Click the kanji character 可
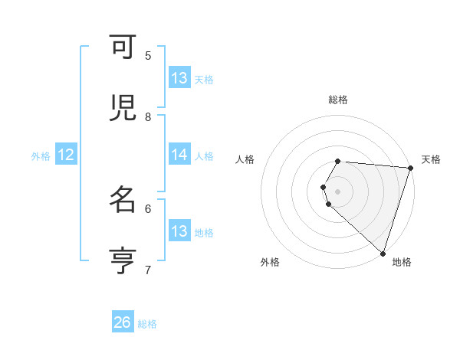pyautogui.click(x=123, y=48)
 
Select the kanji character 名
pyautogui.click(x=123, y=200)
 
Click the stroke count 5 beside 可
pyautogui.click(x=148, y=56)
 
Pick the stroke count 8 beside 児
pyautogui.click(x=148, y=116)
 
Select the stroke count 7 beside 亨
pyautogui.click(x=148, y=269)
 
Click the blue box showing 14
pyautogui.click(x=179, y=155)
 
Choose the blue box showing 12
pyautogui.click(x=66, y=155)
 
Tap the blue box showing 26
pyautogui.click(x=123, y=322)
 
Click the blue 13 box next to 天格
pyautogui.click(x=179, y=78)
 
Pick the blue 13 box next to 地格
pyautogui.click(x=179, y=231)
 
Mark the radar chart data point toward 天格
pyautogui.click(x=410, y=169)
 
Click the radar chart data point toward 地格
pyautogui.click(x=383, y=252)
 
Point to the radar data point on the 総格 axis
pyautogui.click(x=337, y=162)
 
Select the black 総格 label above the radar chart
pyautogui.click(x=338, y=100)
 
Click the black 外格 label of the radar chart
pyautogui.click(x=270, y=262)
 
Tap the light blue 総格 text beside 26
pyautogui.click(x=147, y=324)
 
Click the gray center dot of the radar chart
pyautogui.click(x=337, y=191)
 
